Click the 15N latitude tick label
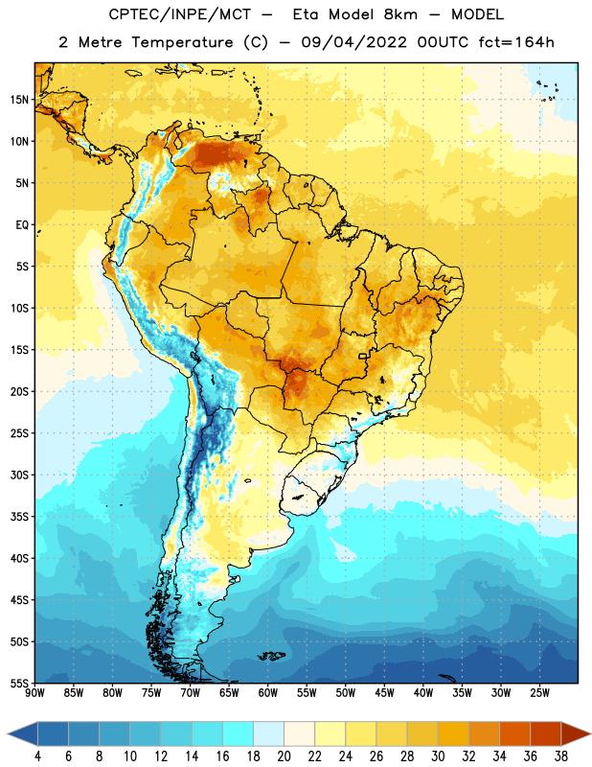tap(19, 100)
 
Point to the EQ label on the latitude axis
tap(22, 225)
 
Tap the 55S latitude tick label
tap(19, 683)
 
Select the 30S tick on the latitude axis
tap(19, 475)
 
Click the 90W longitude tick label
tap(34, 693)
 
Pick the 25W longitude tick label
tap(539, 693)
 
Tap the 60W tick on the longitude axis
tap(268, 693)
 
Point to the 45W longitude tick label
tap(384, 693)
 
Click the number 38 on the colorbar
tap(560, 756)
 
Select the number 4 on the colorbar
tap(37, 756)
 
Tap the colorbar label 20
tap(284, 756)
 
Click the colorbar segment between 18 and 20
tap(269, 733)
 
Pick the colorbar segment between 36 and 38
tap(546, 733)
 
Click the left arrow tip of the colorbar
tap(8, 733)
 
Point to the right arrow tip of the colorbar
tap(590, 733)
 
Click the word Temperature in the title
tap(182, 42)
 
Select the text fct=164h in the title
tap(516, 42)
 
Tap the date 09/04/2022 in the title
tap(353, 42)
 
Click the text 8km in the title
tap(400, 14)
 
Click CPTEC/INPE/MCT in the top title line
tap(179, 14)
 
